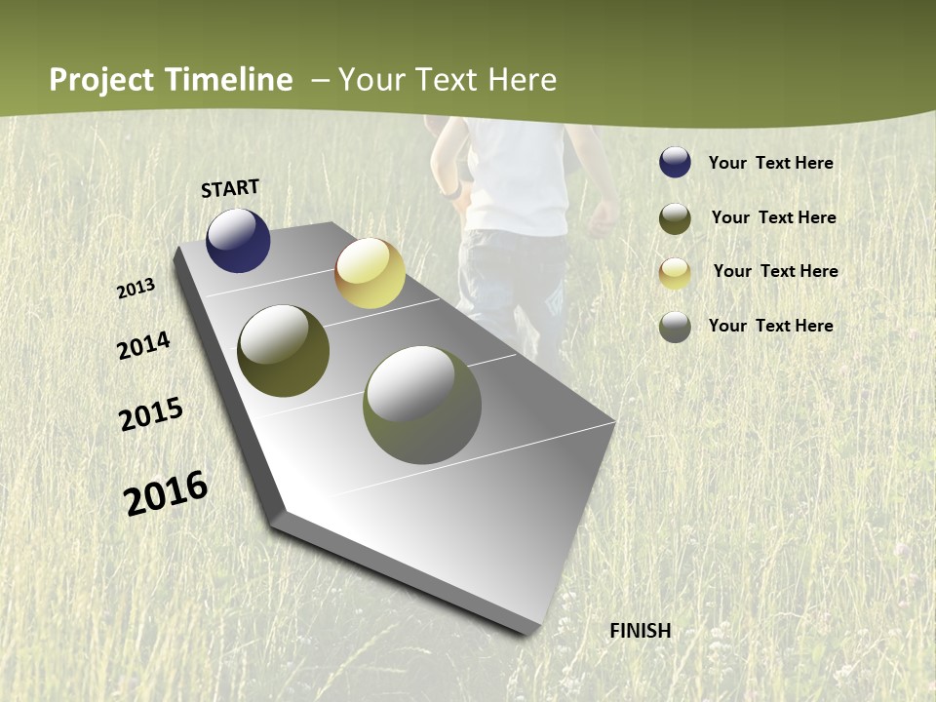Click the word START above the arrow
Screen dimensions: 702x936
coord(230,188)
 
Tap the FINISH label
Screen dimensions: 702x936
coord(640,631)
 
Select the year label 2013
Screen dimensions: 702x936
coord(136,289)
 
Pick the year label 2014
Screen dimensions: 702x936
coord(143,345)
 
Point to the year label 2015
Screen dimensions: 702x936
coord(151,415)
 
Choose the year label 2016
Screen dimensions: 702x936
coord(166,493)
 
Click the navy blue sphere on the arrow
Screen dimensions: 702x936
coord(238,241)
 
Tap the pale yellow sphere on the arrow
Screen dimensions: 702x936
coord(370,273)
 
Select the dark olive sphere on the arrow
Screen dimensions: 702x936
coord(284,351)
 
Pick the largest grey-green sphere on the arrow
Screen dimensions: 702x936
coord(422,405)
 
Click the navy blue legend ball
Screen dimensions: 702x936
coord(675,163)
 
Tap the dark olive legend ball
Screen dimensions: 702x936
coord(675,218)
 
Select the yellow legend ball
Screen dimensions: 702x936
coord(675,272)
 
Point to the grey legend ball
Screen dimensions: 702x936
coord(675,327)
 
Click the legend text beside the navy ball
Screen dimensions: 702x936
coord(770,163)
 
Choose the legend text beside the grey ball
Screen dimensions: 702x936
coord(770,326)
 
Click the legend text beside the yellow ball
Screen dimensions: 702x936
coord(775,271)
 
